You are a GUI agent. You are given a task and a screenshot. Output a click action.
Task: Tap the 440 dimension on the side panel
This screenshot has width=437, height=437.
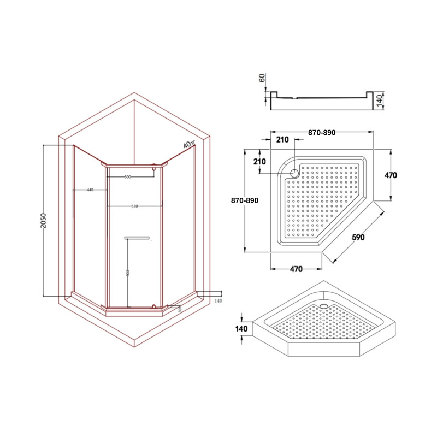90,190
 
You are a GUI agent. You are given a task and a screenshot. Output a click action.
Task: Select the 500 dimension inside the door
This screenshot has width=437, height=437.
128,177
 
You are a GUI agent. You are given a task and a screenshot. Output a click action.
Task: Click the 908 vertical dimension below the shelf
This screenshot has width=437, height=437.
127,273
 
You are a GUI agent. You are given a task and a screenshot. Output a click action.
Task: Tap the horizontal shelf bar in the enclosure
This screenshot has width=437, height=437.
137,238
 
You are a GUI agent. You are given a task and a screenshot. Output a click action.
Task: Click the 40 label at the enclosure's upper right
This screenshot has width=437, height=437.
187,145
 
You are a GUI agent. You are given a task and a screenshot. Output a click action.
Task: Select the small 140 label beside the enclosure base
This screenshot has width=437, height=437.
218,301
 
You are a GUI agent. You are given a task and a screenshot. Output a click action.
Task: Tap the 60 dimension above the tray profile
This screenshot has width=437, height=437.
262,78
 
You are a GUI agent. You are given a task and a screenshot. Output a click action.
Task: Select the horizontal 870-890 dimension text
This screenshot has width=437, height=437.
322,133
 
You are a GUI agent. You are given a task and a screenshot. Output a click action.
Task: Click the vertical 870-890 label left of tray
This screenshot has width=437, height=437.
244,201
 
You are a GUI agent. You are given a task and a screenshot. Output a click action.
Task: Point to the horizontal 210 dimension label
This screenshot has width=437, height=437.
282,140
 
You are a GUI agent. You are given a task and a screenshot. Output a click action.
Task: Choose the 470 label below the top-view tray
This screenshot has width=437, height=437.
296,269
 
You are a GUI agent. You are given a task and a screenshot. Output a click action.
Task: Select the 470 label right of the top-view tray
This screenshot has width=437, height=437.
390,176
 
